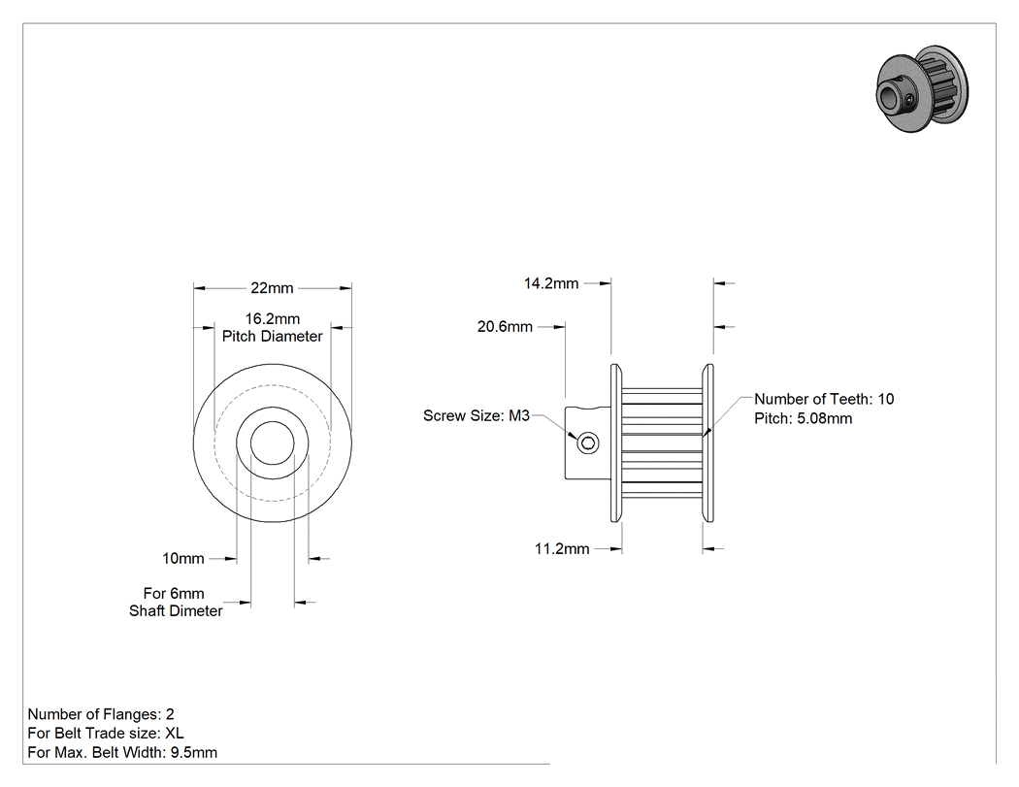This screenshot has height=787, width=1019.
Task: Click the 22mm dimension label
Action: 272,288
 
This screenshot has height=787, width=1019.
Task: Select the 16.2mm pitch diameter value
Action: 273,318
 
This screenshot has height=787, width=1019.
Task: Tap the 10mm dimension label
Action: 182,558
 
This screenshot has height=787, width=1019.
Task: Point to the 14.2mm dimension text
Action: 551,283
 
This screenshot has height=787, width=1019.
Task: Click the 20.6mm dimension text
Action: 505,326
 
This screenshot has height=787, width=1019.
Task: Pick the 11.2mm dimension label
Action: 562,548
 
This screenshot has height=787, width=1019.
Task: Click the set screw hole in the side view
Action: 588,443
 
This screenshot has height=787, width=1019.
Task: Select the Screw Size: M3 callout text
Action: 477,415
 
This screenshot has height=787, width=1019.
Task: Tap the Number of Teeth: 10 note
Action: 824,399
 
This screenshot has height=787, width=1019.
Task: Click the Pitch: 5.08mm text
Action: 804,418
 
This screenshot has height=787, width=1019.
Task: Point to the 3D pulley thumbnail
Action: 922,89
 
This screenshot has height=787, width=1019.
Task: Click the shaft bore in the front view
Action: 273,443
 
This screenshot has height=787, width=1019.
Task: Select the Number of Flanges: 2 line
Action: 101,714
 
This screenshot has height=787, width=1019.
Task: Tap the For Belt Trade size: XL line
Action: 105,733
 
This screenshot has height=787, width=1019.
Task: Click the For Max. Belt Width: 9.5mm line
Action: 122,753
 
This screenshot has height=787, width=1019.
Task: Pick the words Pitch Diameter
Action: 273,336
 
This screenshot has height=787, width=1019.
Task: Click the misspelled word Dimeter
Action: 196,611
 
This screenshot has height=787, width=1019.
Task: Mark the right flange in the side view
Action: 707,443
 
